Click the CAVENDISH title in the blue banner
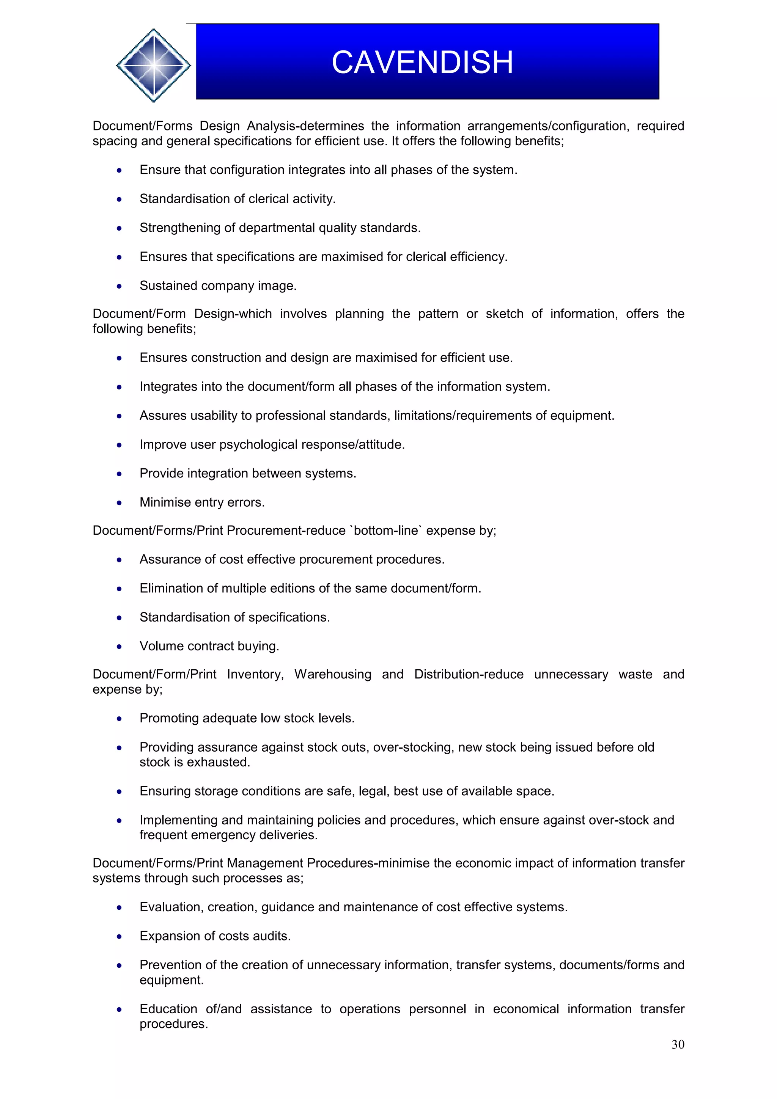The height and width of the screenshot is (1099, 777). pos(422,62)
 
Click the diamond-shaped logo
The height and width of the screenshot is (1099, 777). pos(153,65)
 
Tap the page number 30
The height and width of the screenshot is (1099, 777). pos(678,1044)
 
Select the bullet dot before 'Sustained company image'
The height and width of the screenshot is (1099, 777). pos(119,286)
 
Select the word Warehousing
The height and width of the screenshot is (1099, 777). pos(332,674)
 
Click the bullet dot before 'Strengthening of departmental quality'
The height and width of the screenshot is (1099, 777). pos(119,228)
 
